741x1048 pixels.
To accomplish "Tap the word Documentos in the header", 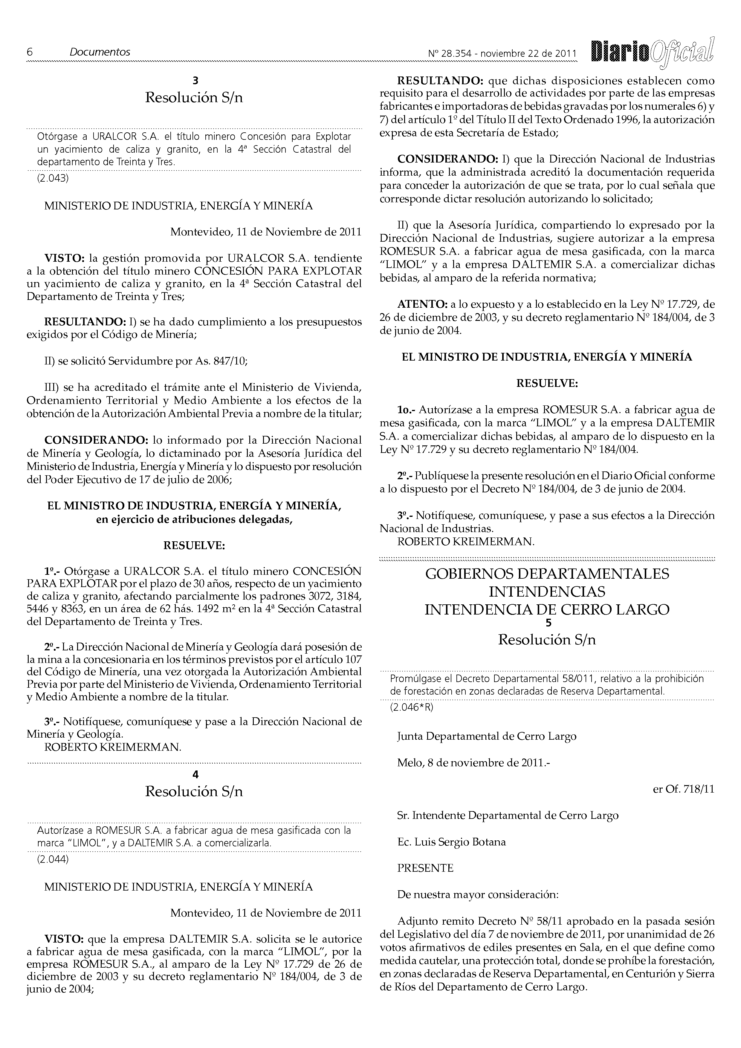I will click(x=100, y=52).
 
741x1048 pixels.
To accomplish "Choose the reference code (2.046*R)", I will click(x=411, y=707).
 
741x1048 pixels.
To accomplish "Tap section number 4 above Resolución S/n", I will click(x=195, y=774).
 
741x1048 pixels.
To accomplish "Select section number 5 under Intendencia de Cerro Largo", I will click(x=547, y=623).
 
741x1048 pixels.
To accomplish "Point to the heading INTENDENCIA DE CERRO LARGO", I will click(x=547, y=610).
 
